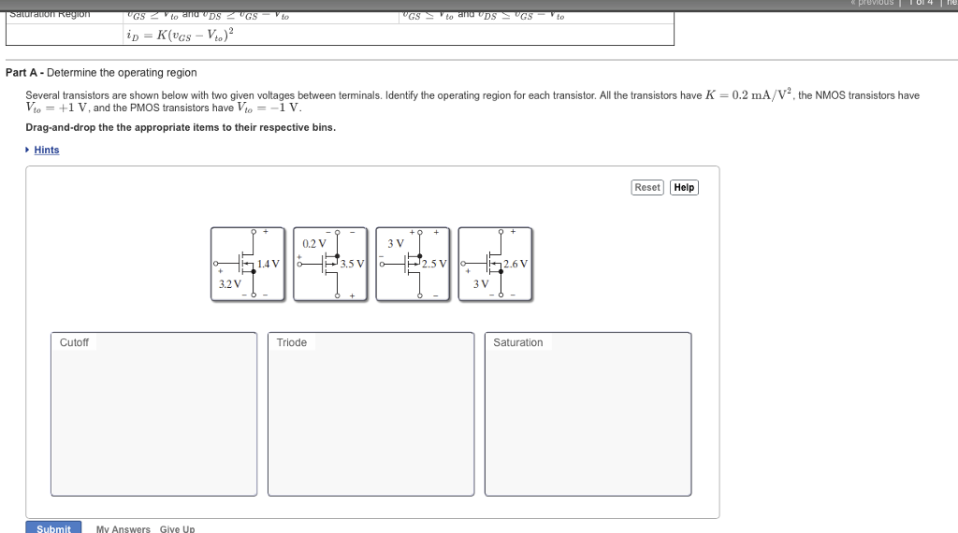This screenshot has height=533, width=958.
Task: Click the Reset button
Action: coord(647,187)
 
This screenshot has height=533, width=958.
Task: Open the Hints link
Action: coord(46,150)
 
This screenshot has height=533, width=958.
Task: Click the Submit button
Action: coord(53,528)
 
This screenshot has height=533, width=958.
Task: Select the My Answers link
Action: coord(123,529)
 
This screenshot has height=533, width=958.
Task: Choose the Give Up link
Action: coord(177,529)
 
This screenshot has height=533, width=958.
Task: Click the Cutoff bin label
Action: coord(74,342)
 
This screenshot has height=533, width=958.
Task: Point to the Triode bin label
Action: coord(291,342)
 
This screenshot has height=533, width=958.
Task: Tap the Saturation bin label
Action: coord(517,342)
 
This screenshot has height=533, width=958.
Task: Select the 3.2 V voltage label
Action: coord(229,283)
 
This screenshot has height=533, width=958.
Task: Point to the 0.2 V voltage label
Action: coord(314,243)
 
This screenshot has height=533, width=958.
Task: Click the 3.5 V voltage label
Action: coord(352,264)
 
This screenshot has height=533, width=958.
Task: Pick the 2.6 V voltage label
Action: coord(515,264)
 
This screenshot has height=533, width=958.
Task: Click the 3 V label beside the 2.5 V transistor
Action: coord(395,243)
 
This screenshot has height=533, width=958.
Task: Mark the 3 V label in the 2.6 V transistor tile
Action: coord(481,283)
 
